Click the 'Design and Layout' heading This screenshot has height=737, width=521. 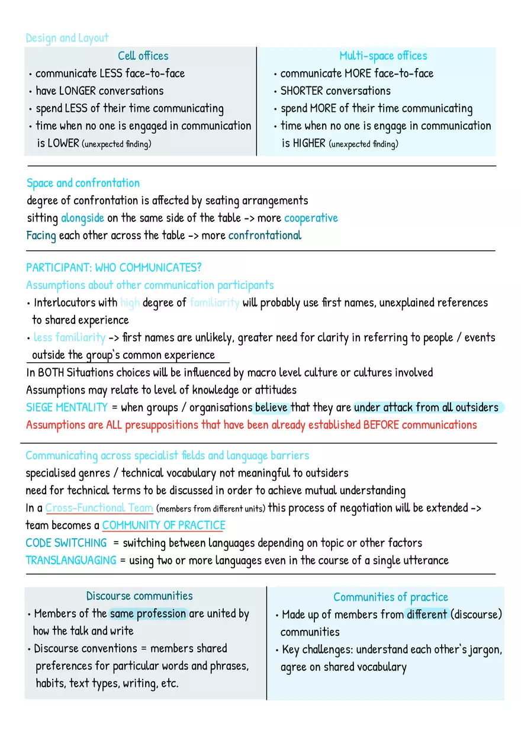67,38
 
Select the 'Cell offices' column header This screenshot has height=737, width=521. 143,56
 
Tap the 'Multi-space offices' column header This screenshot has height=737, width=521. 382,56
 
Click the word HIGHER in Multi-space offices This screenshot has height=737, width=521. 308,143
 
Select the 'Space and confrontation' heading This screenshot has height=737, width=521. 83,183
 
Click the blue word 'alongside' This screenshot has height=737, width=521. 82,218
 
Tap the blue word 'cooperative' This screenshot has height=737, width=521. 311,218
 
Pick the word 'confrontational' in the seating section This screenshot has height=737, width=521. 265,235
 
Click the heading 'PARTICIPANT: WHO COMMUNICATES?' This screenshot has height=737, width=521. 114,268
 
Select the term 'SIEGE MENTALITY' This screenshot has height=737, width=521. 67,407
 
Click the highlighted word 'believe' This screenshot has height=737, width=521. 271,407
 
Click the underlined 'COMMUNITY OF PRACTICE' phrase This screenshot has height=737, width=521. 163,525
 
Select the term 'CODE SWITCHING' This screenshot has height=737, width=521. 66,543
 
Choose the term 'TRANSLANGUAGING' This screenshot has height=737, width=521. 71,560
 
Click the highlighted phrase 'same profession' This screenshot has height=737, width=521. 148,613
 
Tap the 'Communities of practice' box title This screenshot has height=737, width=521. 390,597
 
